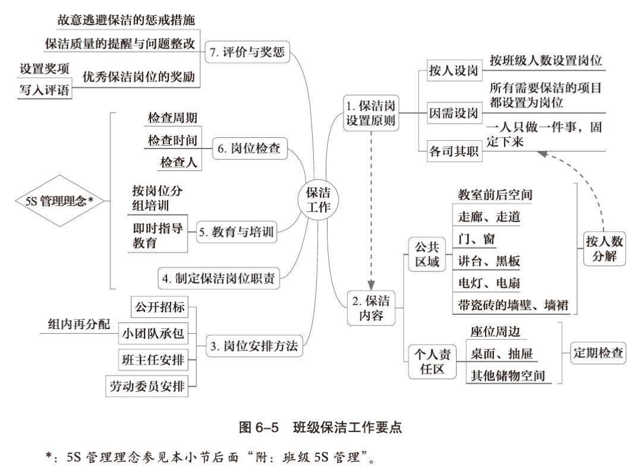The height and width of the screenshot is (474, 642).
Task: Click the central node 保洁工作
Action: click(x=318, y=200)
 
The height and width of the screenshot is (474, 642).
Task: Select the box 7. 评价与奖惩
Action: click(x=247, y=52)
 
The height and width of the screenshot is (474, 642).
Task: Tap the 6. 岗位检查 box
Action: click(x=250, y=148)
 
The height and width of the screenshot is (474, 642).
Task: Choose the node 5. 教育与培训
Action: click(x=236, y=232)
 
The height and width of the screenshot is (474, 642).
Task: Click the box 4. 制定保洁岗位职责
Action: click(x=219, y=279)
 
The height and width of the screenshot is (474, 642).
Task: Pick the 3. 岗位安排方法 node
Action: click(x=254, y=346)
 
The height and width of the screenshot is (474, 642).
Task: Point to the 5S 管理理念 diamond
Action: click(x=60, y=201)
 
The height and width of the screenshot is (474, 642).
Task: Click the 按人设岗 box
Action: click(x=454, y=70)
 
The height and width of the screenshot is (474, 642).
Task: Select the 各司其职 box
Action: click(x=454, y=151)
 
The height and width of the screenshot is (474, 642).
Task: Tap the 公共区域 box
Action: click(x=427, y=254)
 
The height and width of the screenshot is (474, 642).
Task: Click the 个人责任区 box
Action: click(x=432, y=362)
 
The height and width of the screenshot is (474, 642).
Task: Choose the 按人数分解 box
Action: click(x=605, y=249)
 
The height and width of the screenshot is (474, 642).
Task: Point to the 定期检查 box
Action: click(x=598, y=353)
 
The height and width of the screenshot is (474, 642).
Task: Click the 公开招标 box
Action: click(x=160, y=306)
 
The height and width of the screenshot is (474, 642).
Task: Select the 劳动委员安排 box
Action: click(x=147, y=386)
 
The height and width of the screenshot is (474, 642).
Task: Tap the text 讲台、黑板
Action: click(x=489, y=261)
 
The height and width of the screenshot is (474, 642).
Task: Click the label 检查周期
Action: click(x=172, y=118)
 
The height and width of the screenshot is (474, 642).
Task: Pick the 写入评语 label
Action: click(x=44, y=90)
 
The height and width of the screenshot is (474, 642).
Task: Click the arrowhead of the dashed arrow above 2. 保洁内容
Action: click(x=371, y=285)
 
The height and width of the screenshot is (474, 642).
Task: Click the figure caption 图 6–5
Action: click(x=259, y=428)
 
